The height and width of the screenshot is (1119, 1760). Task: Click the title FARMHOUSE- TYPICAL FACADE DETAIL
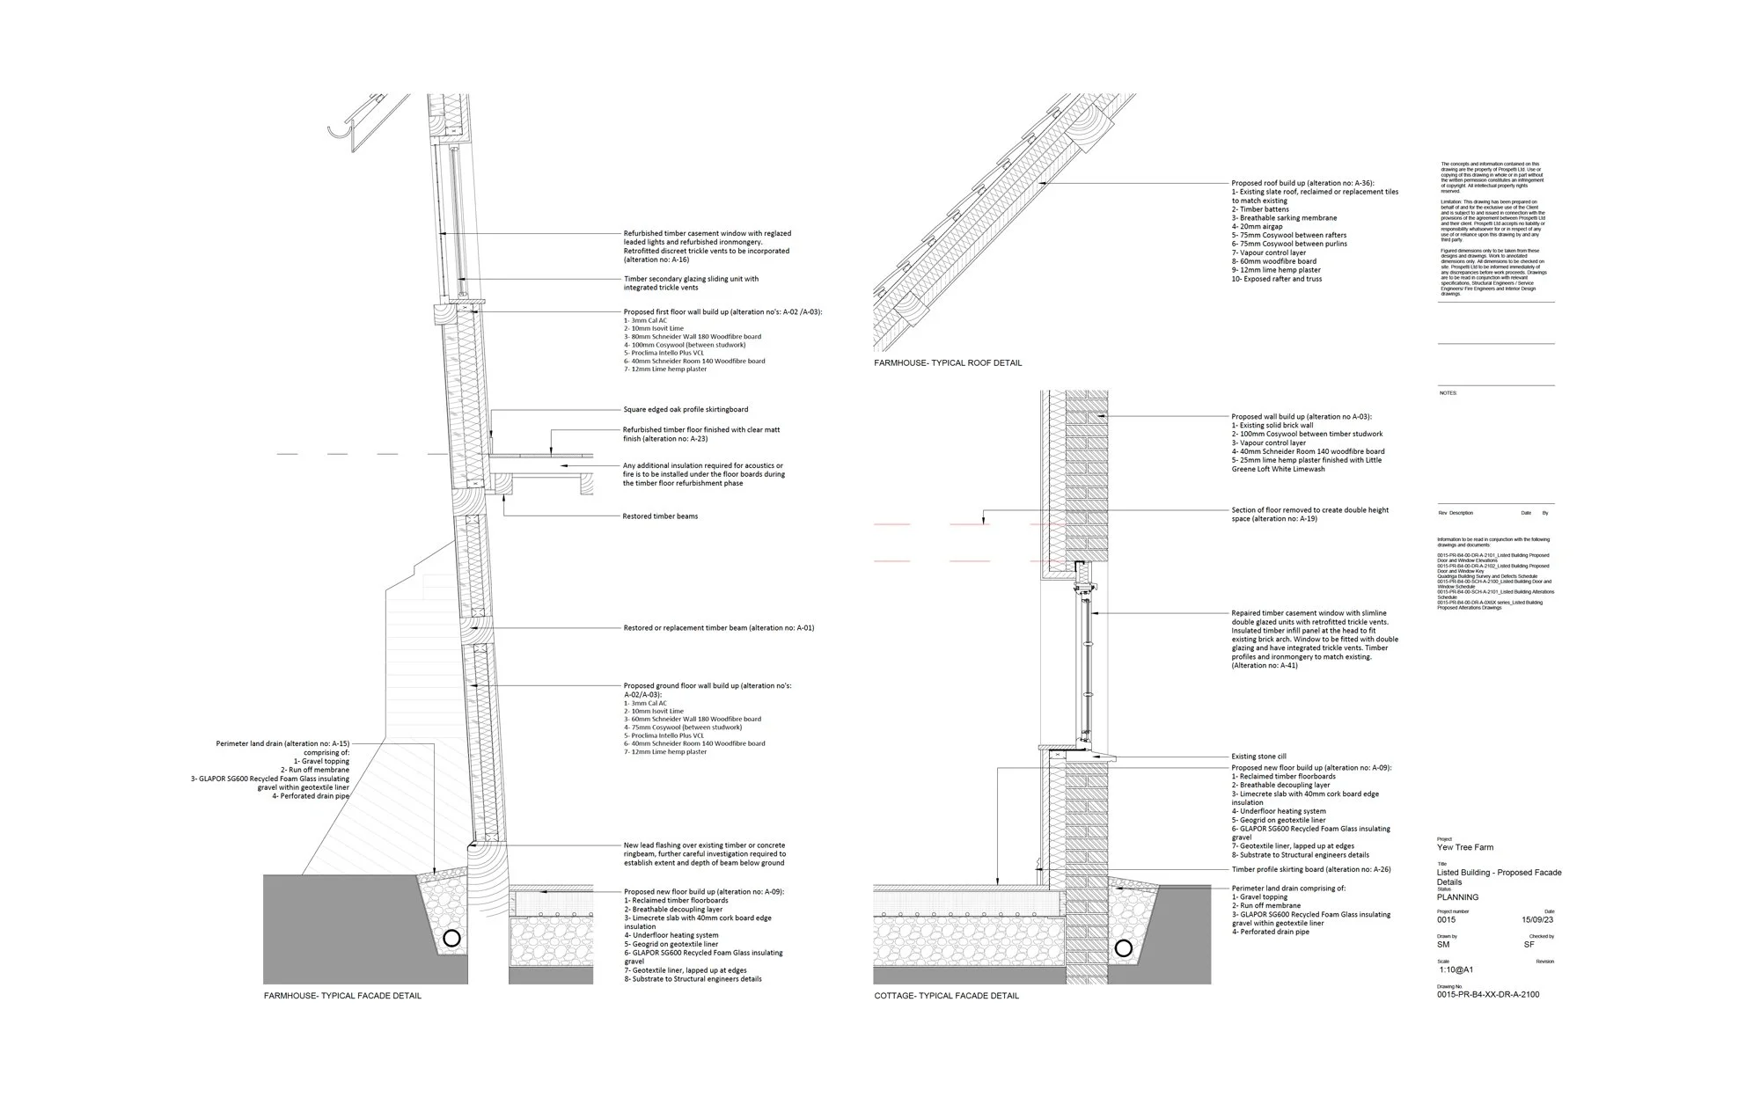pos(342,996)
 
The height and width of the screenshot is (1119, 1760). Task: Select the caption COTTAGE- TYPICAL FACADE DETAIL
pos(946,996)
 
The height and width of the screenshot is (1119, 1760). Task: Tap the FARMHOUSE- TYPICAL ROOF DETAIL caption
pos(948,363)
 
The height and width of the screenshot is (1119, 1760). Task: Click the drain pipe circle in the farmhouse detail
pos(451,939)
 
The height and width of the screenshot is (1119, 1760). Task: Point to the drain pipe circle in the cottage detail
pos(1123,948)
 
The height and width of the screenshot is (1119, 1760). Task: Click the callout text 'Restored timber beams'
pos(660,516)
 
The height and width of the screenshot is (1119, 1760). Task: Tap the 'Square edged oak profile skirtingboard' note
pos(686,410)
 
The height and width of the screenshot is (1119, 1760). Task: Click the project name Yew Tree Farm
pos(1465,847)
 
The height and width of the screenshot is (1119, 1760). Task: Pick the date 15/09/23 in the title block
pos(1537,920)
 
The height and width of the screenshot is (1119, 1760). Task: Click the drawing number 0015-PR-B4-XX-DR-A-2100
pos(1488,995)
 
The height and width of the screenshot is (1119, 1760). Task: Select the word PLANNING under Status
pos(1457,897)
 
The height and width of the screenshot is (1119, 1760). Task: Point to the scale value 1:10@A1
pos(1456,970)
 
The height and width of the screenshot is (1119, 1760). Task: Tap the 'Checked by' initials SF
pos(1529,945)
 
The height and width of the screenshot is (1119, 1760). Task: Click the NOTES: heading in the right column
pos(1448,393)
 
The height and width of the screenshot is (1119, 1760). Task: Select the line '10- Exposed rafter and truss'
pos(1276,280)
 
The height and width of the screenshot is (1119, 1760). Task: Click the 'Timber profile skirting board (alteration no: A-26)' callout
pos(1311,869)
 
